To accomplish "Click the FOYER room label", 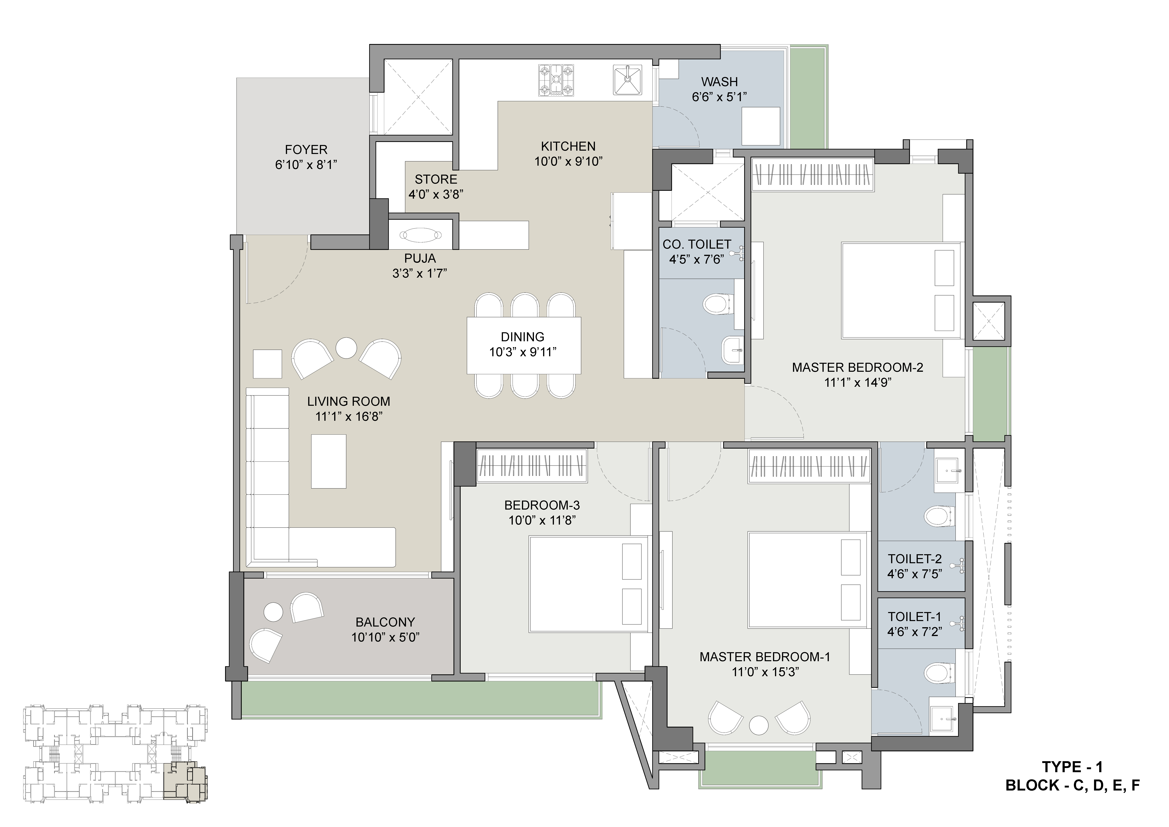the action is [306, 150].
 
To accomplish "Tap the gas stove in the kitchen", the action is [556, 80].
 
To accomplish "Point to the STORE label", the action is [436, 179].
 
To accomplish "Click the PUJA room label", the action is [420, 258].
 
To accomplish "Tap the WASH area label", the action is [719, 81].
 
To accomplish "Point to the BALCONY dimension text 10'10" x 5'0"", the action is [386, 637].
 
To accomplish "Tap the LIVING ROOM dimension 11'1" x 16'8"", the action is [349, 417].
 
